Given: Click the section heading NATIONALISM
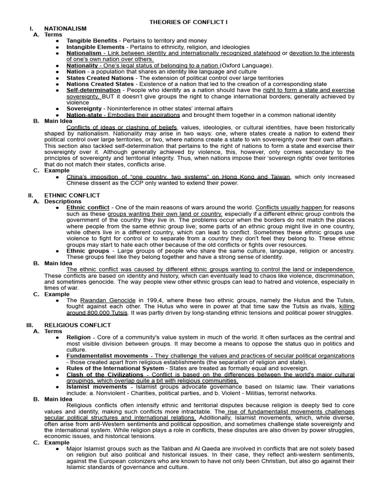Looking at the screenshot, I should [x=65, y=29].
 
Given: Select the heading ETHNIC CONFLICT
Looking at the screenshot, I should [x=72, y=195].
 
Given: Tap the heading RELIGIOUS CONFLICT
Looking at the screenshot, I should [x=78, y=325].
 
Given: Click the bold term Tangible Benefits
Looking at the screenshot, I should [x=92, y=41].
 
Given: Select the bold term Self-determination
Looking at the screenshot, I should [x=93, y=90].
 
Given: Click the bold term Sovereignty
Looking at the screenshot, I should [x=84, y=109].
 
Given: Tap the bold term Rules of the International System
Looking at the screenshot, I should [x=115, y=368].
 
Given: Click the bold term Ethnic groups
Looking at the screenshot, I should [x=88, y=251].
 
